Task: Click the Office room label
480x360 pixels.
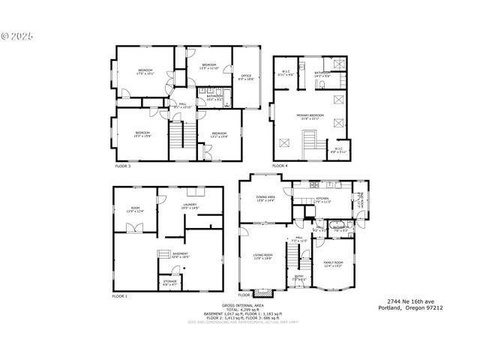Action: [246, 76]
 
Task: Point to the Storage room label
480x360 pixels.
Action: [170, 283]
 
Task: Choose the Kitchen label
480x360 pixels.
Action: [312, 200]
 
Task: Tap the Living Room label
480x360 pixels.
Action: [262, 256]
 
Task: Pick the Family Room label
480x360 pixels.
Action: [331, 263]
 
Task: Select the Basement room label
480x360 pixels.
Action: [180, 256]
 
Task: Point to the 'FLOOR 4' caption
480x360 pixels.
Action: [280, 165]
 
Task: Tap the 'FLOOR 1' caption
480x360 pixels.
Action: [120, 296]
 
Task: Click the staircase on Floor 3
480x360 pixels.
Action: [176, 137]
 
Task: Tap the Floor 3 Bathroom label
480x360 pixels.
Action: [214, 96]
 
